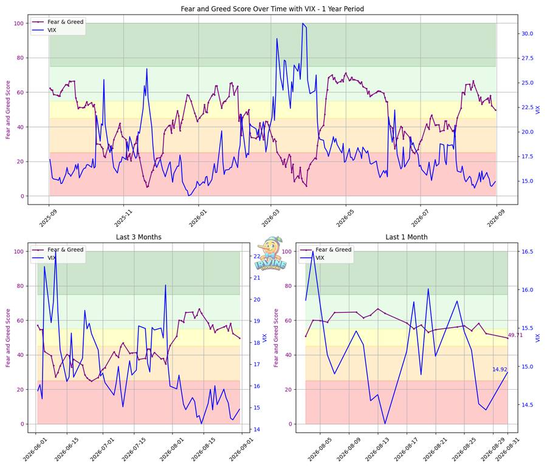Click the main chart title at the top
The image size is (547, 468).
[272, 8]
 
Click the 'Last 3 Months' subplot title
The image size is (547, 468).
[139, 237]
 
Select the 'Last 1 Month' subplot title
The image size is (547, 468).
[407, 237]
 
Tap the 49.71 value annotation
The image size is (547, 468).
[515, 335]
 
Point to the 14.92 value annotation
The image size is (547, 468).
[500, 370]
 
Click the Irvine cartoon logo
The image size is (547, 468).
[271, 253]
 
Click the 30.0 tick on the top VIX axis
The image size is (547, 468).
[527, 33]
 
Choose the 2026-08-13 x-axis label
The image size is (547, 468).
[377, 450]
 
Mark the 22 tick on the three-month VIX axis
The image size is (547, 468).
[256, 256]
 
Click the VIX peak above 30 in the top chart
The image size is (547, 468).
[303, 23]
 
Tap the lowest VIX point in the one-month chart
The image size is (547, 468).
[385, 424]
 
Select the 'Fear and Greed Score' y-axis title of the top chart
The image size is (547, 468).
[8, 110]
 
